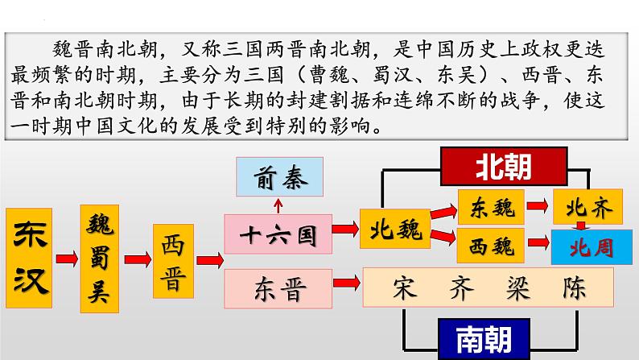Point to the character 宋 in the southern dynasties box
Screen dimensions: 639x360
tap(404, 288)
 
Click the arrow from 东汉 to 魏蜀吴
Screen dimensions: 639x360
tap(67, 259)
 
